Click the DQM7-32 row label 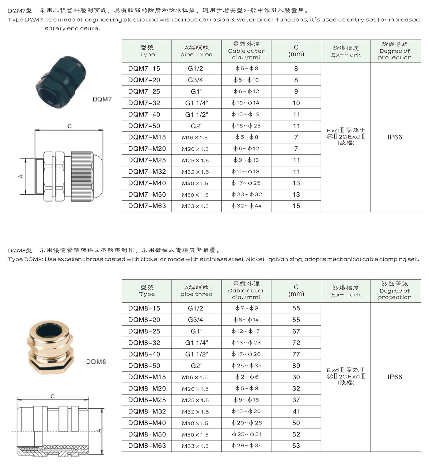click(144, 103)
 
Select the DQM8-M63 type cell click(147, 446)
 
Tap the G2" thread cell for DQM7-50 click(196, 126)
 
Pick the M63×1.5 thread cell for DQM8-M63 click(195, 446)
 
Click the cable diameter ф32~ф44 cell click(246, 206)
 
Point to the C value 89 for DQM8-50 click(296, 366)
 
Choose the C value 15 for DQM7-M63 click(296, 206)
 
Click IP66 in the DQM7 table click(395, 137)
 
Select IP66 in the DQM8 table click(395, 377)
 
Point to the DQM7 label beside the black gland click(102, 99)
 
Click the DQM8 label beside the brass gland click(96, 362)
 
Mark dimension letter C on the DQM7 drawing click(70, 126)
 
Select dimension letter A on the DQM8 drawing click(99, 431)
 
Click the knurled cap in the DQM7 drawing click(82, 176)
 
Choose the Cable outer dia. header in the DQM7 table click(246, 51)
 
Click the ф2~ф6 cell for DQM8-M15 click(246, 377)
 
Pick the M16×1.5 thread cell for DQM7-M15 click(195, 138)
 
